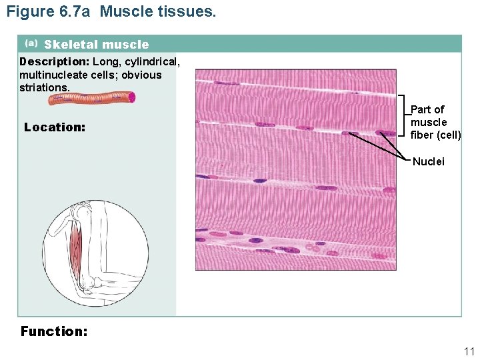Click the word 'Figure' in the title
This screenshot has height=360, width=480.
(28, 11)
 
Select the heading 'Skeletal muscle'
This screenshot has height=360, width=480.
(97, 45)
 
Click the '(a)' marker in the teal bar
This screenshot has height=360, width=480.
(31, 43)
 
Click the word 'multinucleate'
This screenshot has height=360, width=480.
(52, 75)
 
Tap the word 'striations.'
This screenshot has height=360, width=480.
(44, 87)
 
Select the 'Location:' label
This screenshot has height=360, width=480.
(55, 127)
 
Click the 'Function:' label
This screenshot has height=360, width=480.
(54, 331)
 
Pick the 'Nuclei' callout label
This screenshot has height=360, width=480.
(429, 161)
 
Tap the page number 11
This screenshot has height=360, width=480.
(469, 351)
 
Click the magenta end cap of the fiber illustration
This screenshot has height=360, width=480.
(132, 97)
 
